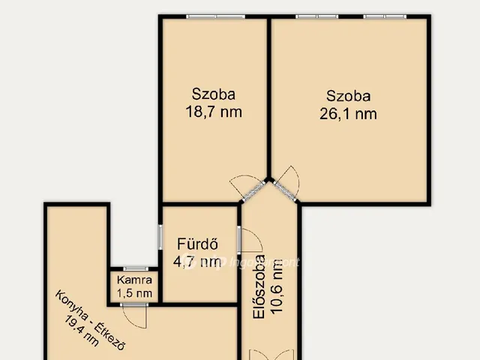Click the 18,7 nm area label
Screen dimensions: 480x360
pos(214,112)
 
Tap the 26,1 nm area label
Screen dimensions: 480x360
pos(348,114)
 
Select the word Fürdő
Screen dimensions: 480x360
pos(198,244)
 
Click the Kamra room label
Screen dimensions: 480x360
pos(134,280)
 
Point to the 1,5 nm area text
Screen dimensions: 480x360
pos(134,293)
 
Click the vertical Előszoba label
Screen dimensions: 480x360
pos(259,287)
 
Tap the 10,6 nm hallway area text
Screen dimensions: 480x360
pos(277,286)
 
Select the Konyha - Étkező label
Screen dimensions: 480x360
pos(90,320)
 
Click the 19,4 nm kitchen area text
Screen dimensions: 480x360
pos(82,331)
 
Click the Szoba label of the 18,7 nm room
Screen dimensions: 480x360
pos(214,94)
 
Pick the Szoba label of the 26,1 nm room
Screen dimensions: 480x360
pos(348,96)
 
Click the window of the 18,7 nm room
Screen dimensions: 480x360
pos(216,16)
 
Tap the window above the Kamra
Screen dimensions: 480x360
pos(136,268)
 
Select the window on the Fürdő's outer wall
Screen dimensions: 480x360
pos(160,237)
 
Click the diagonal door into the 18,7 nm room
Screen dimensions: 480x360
pos(248,187)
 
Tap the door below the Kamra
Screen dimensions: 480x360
pos(134,316)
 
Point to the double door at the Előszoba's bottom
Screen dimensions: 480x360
pos(271,355)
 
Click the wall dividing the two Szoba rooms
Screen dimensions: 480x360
pos(269,98)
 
